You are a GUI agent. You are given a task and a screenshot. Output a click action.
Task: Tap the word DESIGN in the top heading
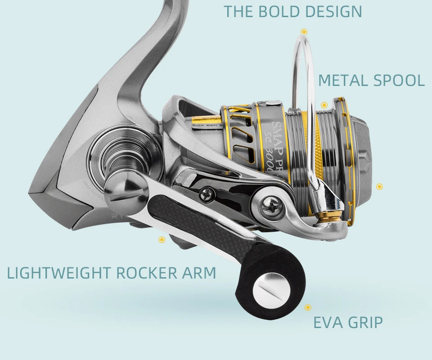coord(333,12)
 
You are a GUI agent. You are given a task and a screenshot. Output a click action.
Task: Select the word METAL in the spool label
coord(342,81)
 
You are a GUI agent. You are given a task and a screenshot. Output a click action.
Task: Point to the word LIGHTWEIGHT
coord(58,273)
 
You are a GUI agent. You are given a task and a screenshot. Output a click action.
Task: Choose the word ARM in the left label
coord(199,273)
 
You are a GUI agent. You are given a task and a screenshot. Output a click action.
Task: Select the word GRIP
coord(365,323)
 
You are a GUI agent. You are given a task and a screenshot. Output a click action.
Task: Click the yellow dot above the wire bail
coord(304,31)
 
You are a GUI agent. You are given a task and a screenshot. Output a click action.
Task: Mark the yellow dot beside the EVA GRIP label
coord(308,308)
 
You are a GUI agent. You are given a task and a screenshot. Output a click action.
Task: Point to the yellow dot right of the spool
coord(379,186)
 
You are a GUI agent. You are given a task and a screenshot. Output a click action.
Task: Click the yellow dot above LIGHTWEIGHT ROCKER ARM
coord(162,240)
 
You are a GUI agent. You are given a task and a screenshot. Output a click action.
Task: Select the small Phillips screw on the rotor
coord(208,195)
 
